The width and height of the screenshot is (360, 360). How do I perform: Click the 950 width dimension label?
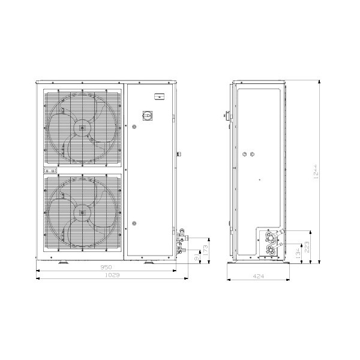pos(106,268)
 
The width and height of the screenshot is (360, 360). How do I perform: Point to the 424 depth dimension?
pos(259,276)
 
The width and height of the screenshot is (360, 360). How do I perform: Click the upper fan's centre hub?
pos(81,127)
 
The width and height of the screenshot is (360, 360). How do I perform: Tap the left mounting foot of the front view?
pos(63,262)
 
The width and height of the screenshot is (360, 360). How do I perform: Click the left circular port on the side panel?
pos(244,155)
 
